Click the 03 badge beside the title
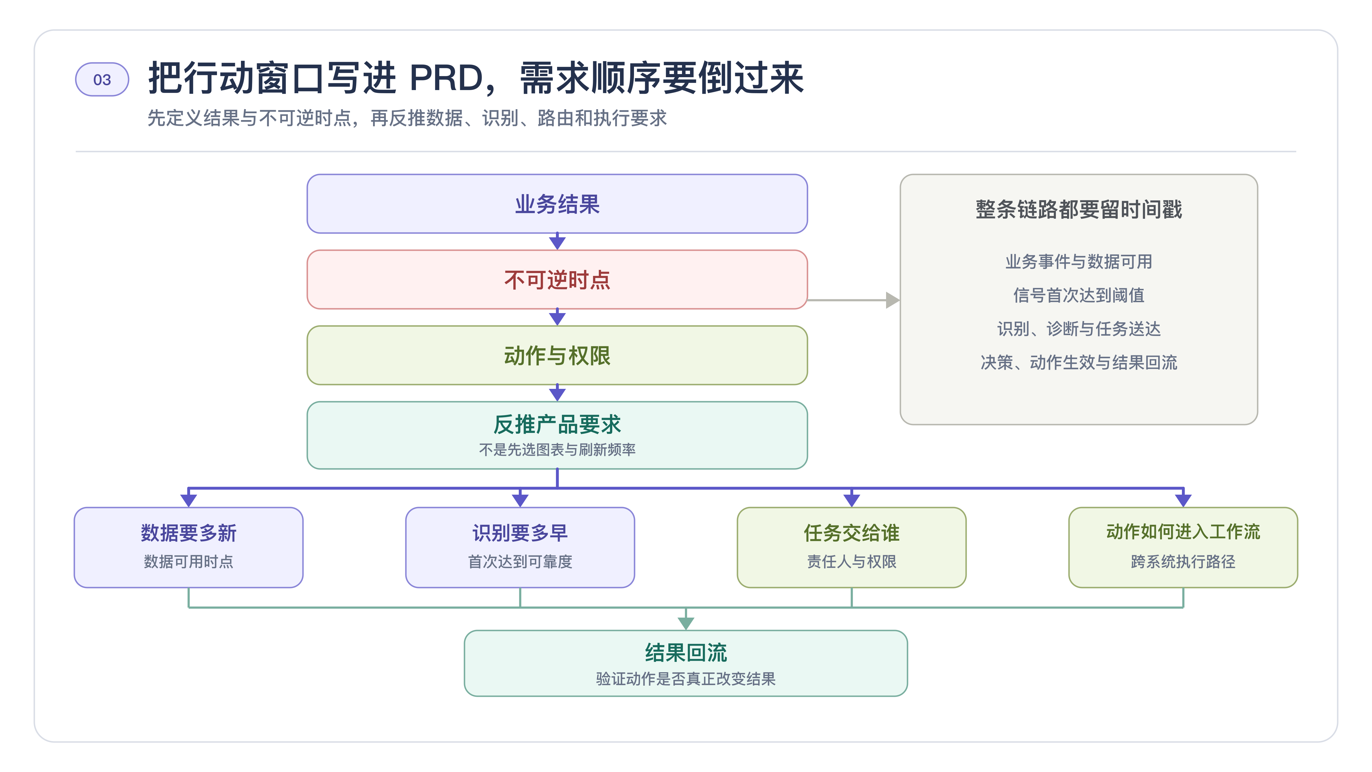coord(102,79)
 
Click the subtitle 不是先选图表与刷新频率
coord(557,450)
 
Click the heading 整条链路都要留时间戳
coord(1078,209)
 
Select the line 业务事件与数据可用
coord(1078,262)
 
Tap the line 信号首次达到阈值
coord(1078,295)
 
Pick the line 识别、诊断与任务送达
coord(1078,329)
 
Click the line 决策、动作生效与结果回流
coord(1078,362)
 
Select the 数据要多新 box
coord(189,547)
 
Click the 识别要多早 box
coord(520,547)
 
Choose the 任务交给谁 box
coord(852,547)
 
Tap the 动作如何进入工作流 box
coord(1183,547)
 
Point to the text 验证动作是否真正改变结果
coord(686,679)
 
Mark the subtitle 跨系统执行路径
coord(1183,562)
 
